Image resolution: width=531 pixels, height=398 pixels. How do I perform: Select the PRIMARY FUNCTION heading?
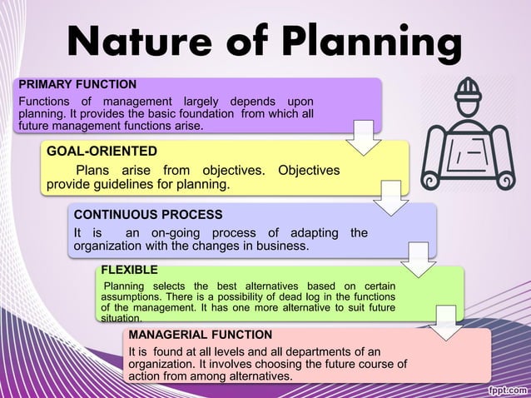click(77, 84)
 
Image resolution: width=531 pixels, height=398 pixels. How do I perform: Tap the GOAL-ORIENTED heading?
click(102, 151)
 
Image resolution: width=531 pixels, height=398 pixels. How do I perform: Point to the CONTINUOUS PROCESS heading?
click(148, 214)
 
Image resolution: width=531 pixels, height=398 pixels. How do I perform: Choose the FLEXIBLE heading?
click(128, 270)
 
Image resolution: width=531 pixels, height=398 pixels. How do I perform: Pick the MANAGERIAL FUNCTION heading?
click(200, 334)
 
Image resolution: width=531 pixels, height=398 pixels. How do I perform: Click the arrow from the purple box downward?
click(364, 137)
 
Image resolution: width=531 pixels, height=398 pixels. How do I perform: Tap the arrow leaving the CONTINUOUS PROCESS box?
click(419, 260)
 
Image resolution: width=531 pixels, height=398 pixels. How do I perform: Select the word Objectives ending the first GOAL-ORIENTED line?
click(309, 170)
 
